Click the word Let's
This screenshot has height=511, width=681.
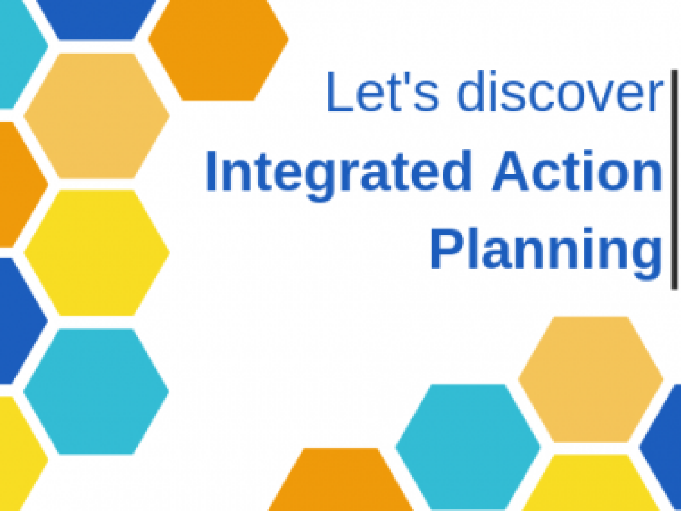[383, 92]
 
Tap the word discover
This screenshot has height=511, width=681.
[560, 91]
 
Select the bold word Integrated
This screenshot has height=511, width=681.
[339, 175]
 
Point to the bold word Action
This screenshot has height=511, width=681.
[577, 171]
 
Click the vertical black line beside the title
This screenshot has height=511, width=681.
[674, 180]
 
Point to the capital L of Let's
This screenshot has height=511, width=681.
[340, 92]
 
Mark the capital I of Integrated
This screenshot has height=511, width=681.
[211, 171]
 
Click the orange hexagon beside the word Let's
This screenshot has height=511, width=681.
[219, 50]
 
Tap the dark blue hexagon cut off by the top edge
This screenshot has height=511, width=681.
[96, 20]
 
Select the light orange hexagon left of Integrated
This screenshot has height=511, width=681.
[96, 116]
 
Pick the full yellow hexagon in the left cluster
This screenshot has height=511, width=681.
[96, 253]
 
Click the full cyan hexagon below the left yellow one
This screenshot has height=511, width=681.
[96, 392]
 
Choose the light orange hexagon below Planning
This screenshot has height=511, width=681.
[591, 379]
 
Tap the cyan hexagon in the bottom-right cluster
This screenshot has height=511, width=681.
[468, 447]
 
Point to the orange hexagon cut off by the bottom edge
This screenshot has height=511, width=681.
[340, 480]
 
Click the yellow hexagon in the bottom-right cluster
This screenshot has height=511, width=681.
[591, 483]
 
